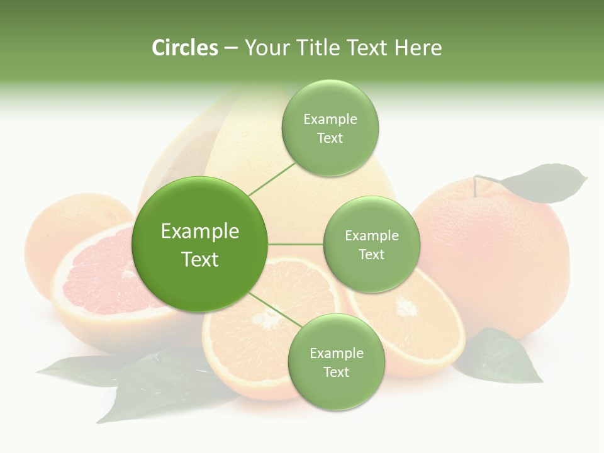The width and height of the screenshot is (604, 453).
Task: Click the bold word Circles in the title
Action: (x=184, y=47)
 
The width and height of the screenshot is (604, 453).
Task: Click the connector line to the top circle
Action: (x=272, y=179)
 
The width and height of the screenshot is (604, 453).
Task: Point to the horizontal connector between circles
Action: (x=295, y=244)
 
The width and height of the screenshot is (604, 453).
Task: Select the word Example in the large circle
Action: (x=199, y=232)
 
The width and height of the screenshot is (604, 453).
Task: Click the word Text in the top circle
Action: (x=330, y=138)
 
